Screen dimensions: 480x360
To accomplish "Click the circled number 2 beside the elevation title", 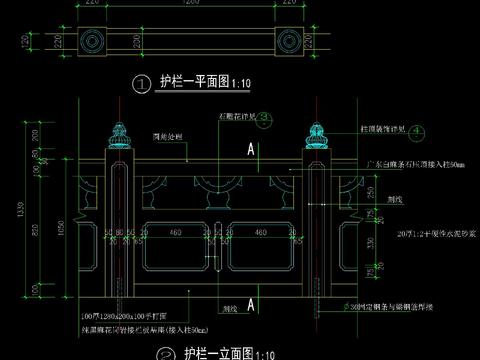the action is [166, 353].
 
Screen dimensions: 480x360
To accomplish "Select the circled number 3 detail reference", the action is [265, 117].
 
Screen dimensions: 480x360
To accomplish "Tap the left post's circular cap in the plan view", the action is [94, 41].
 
